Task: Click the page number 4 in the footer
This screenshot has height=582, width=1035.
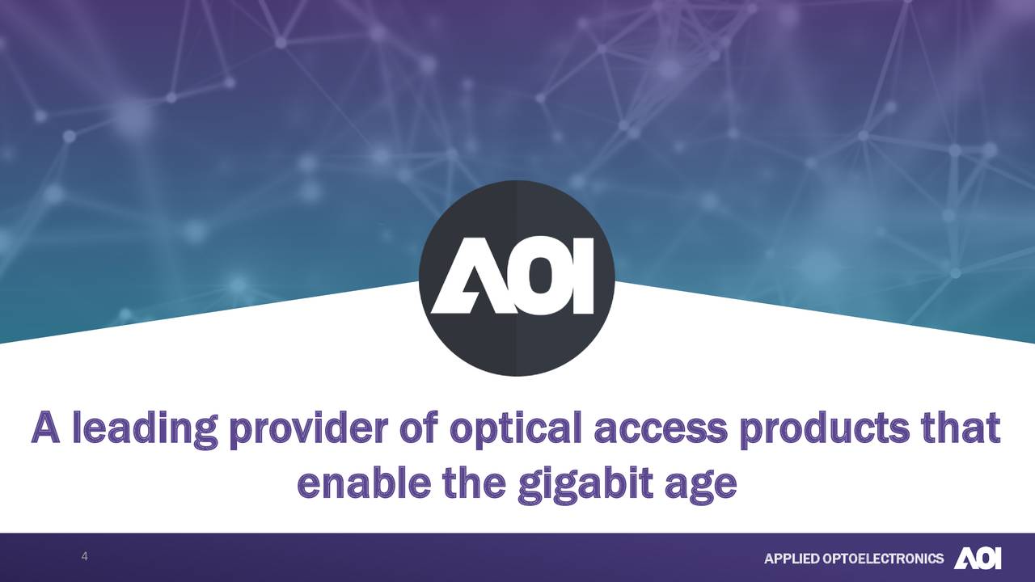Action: [x=85, y=557]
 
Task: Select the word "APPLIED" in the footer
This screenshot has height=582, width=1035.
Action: [x=791, y=559]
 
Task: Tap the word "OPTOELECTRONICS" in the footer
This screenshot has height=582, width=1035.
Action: [x=881, y=559]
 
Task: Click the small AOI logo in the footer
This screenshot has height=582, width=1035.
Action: [x=978, y=559]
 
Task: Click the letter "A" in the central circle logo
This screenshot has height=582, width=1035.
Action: [x=463, y=276]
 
